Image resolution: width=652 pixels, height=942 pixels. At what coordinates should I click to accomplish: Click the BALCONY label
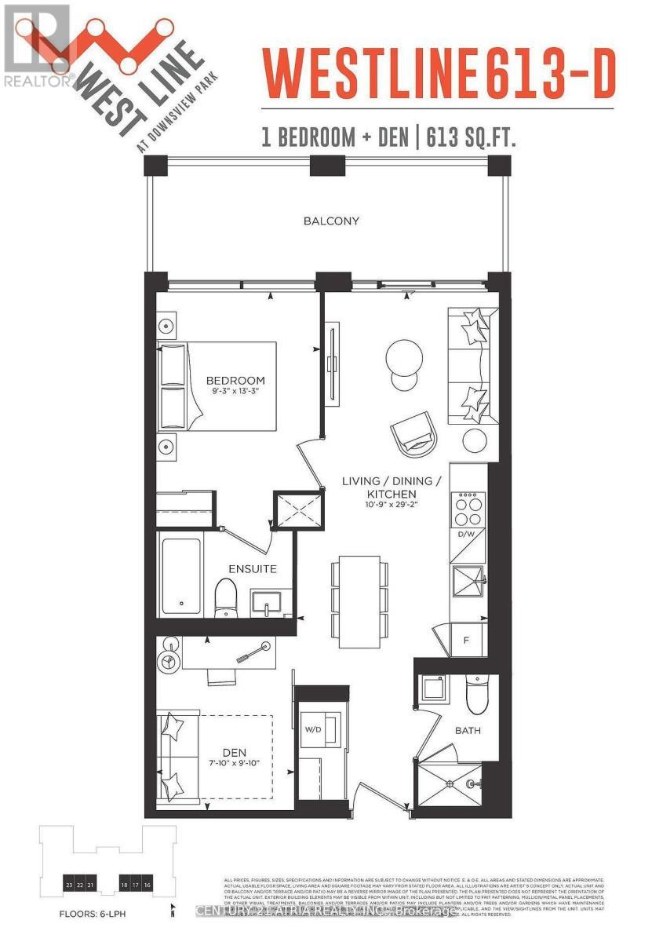point(331,221)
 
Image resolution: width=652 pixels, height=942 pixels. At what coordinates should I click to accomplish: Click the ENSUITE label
point(253,568)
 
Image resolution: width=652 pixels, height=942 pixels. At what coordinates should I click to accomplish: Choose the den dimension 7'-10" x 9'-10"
point(235,765)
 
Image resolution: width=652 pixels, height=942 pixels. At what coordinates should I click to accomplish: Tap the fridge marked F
point(466,640)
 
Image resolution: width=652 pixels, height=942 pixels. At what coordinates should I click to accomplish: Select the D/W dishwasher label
point(467,535)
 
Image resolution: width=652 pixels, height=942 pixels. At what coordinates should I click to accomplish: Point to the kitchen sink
point(468,582)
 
